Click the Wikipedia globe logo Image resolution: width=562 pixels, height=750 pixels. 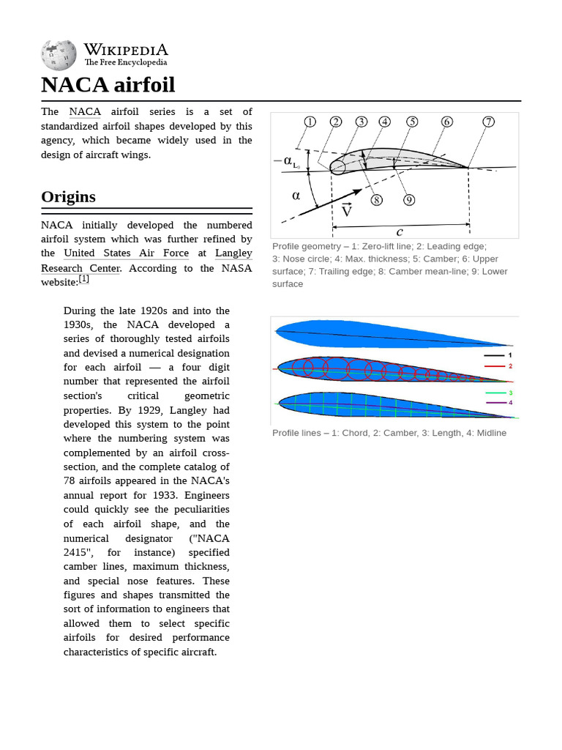pyautogui.click(x=59, y=56)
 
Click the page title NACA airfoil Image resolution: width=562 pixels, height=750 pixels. pyautogui.click(x=108, y=85)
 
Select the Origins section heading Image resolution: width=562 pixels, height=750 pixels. pyautogui.click(x=68, y=196)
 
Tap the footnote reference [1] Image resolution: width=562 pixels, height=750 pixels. pyautogui.click(x=84, y=279)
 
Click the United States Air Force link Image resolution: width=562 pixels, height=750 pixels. pyautogui.click(x=126, y=253)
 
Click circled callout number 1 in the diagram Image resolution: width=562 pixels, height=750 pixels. pyautogui.click(x=310, y=122)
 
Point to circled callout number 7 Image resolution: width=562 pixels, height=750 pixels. pyautogui.click(x=488, y=122)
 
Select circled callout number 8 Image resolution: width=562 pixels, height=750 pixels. pyautogui.click(x=376, y=199)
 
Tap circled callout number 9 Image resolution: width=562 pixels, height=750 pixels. pyautogui.click(x=409, y=199)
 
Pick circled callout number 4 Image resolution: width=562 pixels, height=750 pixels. pyautogui.click(x=385, y=122)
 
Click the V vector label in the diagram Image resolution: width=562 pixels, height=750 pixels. pyautogui.click(x=347, y=211)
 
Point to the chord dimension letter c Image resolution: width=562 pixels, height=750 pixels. pyautogui.click(x=400, y=231)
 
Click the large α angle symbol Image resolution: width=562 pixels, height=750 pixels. pyautogui.click(x=296, y=196)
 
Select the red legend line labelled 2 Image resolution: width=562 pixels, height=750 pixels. pyautogui.click(x=495, y=365)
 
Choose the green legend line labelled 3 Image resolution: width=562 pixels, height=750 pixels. pyautogui.click(x=495, y=393)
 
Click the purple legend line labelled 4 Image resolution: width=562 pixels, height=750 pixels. pyautogui.click(x=495, y=402)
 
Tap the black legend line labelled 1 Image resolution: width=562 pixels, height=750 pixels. pyautogui.click(x=495, y=355)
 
